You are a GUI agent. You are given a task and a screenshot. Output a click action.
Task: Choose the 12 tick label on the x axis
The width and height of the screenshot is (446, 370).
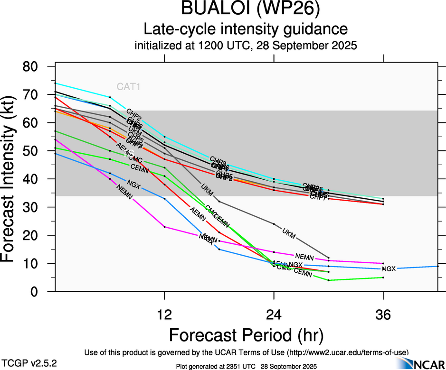click(x=164, y=314)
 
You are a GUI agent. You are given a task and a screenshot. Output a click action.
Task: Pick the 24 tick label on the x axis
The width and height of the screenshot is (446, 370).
click(x=274, y=314)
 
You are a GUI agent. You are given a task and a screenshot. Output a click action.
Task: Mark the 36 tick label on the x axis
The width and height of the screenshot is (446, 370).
click(x=383, y=314)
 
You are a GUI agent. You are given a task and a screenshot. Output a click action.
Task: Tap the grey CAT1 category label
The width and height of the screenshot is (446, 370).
click(x=129, y=87)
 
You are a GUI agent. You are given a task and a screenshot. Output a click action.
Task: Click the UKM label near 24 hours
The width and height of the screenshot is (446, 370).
click(x=289, y=233)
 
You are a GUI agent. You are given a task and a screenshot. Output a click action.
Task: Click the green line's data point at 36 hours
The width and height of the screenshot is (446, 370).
click(x=383, y=277)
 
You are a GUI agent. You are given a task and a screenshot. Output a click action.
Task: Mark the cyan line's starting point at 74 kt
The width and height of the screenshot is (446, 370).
click(x=56, y=83)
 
